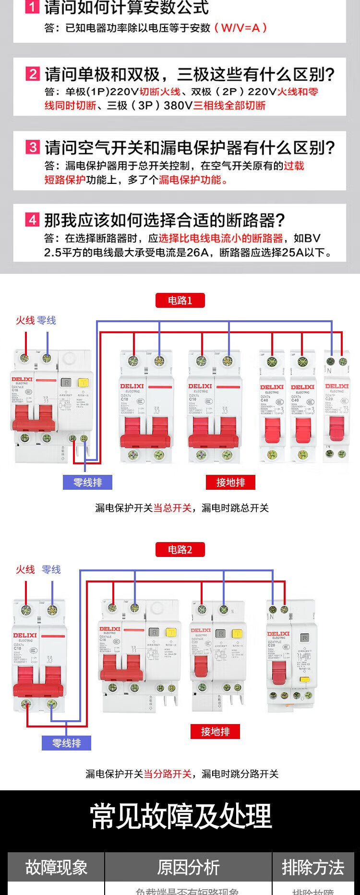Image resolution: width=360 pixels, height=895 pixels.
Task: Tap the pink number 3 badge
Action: pos(32,147)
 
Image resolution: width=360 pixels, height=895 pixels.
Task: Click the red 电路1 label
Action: pos(180,301)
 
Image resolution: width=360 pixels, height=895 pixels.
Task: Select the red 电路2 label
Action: pos(180,550)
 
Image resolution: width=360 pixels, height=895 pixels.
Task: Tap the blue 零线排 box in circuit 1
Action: pos(87,483)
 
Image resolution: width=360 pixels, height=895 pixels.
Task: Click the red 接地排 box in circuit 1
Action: pos(230,483)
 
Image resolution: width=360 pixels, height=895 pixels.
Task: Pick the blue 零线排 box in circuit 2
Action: pos(66,743)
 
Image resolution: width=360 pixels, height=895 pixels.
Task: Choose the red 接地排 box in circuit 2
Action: pos(215,732)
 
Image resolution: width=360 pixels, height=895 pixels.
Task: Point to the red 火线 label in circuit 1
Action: pos(25,320)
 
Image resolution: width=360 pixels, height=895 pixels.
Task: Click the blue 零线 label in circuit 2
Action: pos(51,569)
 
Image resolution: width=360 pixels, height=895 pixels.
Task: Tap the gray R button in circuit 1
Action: pos(66,383)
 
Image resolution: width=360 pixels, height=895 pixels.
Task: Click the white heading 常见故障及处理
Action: pos(180,816)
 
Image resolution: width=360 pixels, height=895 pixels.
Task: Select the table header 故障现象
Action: pos(56,868)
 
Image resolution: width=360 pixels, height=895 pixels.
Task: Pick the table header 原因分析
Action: pos(188,868)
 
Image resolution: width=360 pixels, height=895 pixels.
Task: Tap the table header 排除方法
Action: pos(313,868)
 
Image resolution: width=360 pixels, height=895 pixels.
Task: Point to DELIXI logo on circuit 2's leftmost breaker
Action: pos(25,635)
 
